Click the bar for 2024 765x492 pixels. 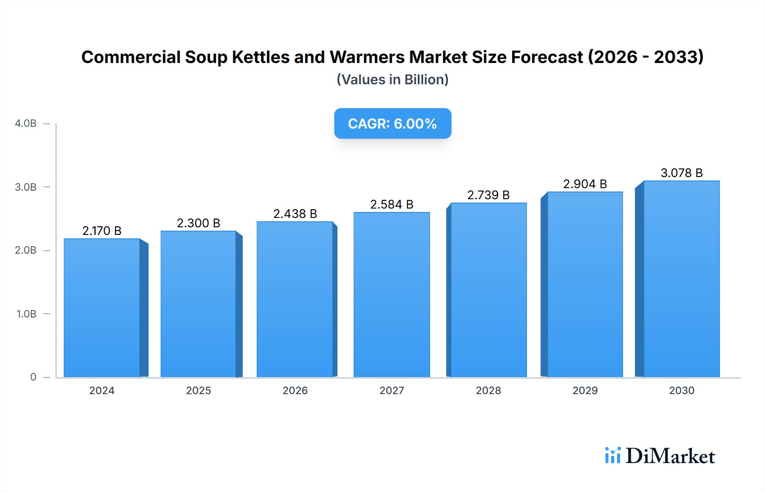102,308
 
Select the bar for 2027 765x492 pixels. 391,295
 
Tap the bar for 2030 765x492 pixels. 681,279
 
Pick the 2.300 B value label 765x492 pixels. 198,223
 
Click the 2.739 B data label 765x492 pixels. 488,195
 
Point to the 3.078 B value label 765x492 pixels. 681,173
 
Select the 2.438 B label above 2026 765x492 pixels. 295,214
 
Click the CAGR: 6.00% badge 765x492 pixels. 392,123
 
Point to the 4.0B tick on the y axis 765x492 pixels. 25,123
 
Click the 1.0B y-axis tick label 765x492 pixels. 26,314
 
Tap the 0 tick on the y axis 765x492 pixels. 33,377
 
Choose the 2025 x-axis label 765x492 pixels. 198,391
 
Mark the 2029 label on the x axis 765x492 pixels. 585,391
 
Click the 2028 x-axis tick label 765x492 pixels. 488,391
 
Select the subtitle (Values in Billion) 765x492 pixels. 392,80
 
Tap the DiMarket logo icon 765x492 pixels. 612,455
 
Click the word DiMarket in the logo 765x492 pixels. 670,456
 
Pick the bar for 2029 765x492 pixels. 585,284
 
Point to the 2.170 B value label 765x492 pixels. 102,231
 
